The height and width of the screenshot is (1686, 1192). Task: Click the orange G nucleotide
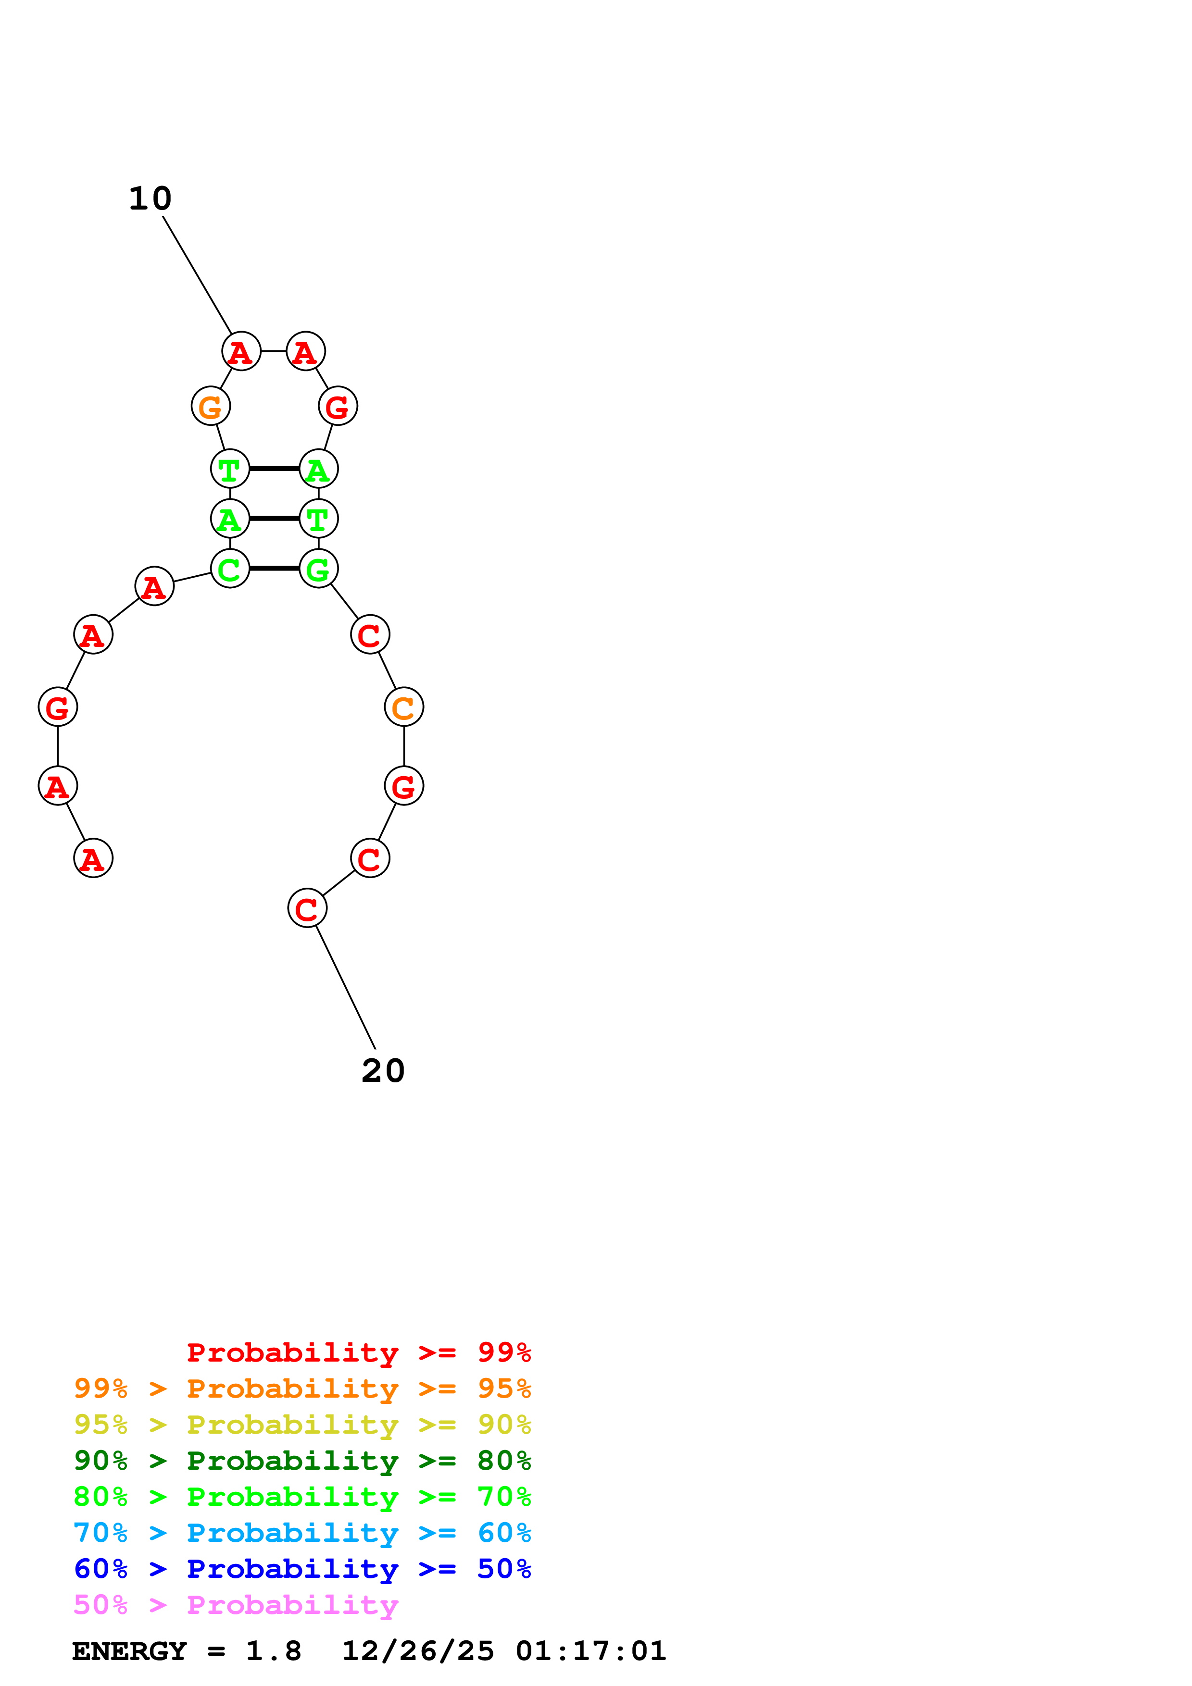tap(211, 406)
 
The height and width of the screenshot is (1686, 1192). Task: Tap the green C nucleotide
tap(230, 569)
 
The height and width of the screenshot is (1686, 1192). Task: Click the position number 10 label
tap(150, 198)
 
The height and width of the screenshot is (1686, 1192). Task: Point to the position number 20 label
tap(383, 1071)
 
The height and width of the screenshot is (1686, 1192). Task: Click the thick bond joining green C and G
tap(274, 569)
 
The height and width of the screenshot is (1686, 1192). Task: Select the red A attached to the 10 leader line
tap(241, 352)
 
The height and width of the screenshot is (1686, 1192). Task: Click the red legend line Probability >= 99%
tap(358, 1352)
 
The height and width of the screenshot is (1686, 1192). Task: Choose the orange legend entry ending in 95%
tap(302, 1388)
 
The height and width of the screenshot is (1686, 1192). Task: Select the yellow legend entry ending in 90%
tap(302, 1425)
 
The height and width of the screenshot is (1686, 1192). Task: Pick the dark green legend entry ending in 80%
tap(302, 1461)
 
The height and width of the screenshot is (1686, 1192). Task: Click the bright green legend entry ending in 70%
tap(302, 1497)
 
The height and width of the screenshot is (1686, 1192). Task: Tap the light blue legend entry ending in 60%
tap(302, 1533)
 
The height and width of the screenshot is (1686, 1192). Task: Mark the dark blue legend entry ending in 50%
tap(302, 1569)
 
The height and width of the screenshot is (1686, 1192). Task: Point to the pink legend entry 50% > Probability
tap(236, 1604)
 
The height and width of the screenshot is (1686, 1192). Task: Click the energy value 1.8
tap(273, 1651)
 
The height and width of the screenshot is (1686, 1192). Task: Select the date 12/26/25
tap(418, 1651)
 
